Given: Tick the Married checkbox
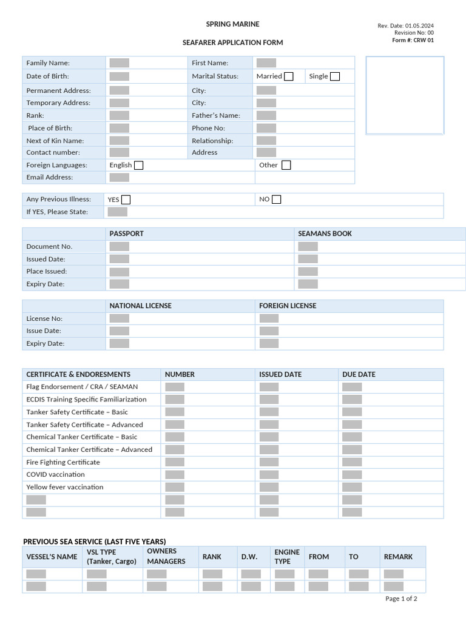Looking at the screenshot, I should click(289, 76).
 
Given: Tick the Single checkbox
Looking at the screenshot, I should click(335, 76).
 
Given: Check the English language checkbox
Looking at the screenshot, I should click(138, 165).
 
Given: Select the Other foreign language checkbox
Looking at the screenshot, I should click(286, 165).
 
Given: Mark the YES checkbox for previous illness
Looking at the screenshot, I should click(126, 200).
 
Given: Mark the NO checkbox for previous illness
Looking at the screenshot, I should click(277, 200).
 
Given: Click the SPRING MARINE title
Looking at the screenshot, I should click(232, 24).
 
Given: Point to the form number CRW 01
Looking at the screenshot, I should click(413, 41).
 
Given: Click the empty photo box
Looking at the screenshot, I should click(405, 95).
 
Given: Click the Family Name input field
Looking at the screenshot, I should click(120, 63).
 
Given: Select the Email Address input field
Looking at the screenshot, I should click(120, 178).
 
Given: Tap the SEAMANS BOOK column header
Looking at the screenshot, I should click(325, 233).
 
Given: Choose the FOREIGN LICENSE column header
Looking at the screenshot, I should click(288, 306).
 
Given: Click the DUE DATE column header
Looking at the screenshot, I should click(359, 374).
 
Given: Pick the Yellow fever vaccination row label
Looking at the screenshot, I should click(65, 487).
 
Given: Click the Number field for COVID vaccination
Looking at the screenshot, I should click(175, 475).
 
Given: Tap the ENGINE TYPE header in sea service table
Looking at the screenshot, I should click(287, 557).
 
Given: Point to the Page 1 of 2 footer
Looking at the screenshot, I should click(401, 599).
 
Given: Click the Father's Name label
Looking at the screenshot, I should click(216, 115).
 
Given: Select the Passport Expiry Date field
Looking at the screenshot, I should click(120, 284).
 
